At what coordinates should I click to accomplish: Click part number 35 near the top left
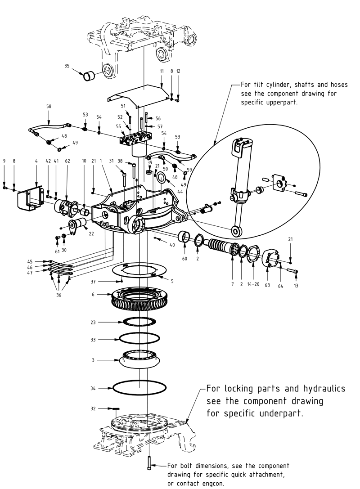coord(67,66)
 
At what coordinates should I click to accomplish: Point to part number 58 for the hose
coord(49,107)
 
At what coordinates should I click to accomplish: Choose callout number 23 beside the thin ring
coord(93,322)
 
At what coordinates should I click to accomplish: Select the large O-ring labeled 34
coord(139,387)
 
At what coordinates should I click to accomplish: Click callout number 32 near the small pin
coord(93,408)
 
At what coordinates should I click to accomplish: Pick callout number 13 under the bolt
coord(296,286)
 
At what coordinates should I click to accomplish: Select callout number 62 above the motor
coord(67,161)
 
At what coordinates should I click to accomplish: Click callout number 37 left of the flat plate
coord(94,282)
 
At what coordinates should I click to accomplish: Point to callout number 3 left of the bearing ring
coord(93,360)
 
